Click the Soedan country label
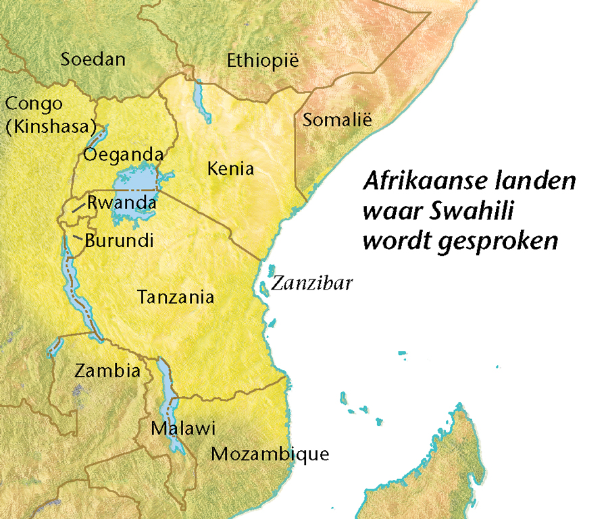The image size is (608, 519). pos(93,59)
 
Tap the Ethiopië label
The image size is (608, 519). pos(262,61)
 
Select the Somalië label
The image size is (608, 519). pos(337,121)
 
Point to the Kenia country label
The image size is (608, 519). pos(231,168)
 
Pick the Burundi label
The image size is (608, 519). pos(119,240)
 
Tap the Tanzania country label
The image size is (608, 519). pos(176,296)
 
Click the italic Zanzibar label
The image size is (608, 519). pos(311,283)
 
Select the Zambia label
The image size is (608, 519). pos(107,371)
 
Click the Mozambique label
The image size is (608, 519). pos(270,454)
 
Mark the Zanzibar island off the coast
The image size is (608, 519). pos(263,289)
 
